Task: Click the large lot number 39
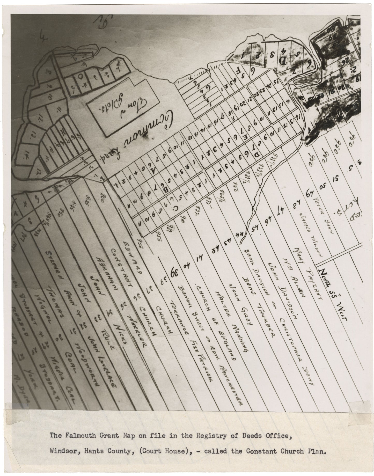[173, 271]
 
